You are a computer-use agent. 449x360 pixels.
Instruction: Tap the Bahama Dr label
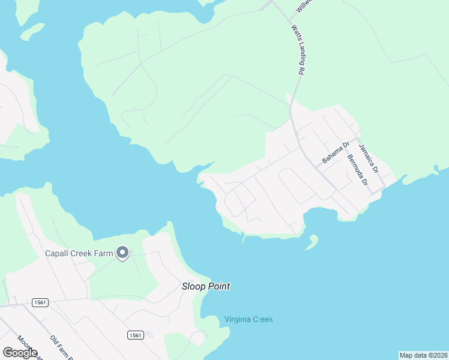(336, 152)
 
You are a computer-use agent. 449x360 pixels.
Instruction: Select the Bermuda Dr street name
(357, 170)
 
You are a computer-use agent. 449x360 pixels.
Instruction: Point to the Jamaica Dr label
(369, 158)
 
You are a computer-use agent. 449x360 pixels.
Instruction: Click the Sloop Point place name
(206, 287)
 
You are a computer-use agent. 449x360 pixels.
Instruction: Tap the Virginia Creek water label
(249, 319)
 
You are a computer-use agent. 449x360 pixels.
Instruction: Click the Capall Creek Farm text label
(79, 253)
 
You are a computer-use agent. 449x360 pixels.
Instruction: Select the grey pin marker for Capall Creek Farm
(122, 253)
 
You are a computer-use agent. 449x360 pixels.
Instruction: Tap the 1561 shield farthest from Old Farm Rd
(134, 335)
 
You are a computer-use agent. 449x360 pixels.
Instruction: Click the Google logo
(20, 353)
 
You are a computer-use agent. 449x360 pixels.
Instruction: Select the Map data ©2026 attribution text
(423, 355)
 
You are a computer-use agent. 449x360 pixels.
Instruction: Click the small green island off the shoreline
(312, 242)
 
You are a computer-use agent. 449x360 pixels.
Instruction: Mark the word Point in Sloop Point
(217, 287)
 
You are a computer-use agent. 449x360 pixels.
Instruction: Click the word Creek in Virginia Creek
(262, 319)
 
